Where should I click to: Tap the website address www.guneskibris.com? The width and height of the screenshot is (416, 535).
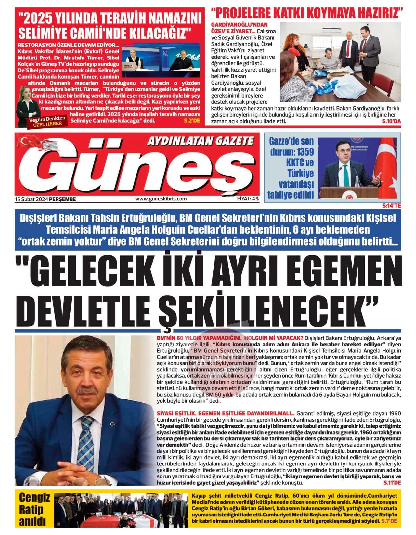tap(161, 199)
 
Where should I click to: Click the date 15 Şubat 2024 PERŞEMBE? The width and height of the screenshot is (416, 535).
tap(45, 199)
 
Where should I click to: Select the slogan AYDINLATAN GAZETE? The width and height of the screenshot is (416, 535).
tap(200, 141)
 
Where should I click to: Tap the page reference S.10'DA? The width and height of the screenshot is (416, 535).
tap(392, 121)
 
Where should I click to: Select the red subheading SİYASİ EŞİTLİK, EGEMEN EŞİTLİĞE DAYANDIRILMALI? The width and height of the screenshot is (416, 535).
tap(226, 413)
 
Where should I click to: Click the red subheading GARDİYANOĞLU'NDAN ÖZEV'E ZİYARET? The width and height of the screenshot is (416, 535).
tap(240, 28)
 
